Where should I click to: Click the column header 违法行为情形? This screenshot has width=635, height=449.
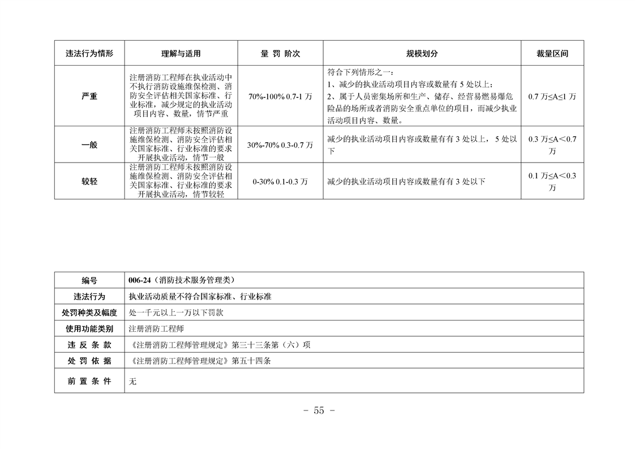tap(89, 54)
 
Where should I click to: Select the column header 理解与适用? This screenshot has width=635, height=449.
tap(181, 54)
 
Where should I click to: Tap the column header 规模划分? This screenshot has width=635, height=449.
tap(422, 54)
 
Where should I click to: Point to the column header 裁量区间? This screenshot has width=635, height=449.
tap(552, 54)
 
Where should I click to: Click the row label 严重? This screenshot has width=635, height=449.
tap(89, 96)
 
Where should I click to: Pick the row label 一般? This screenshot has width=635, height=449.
tap(89, 145)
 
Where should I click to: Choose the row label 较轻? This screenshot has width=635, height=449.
tap(89, 182)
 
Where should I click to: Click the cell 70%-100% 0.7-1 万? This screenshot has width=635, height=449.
tap(280, 96)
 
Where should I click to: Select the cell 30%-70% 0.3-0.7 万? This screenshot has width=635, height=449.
tap(280, 145)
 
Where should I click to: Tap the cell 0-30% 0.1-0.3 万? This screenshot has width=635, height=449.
tap(280, 182)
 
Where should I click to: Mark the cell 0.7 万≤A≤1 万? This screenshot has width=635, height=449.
tap(552, 96)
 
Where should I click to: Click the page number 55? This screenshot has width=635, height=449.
tap(319, 411)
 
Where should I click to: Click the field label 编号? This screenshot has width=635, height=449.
tap(89, 280)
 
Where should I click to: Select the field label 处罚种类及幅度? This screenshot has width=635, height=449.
tap(89, 313)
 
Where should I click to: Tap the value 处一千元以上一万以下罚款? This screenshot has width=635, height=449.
tap(175, 313)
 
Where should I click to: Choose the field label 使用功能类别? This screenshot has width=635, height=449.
tap(89, 328)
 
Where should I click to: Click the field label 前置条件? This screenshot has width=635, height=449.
tap(89, 381)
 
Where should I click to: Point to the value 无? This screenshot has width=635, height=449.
tap(132, 382)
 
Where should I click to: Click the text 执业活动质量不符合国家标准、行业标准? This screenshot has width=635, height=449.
tap(200, 296)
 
